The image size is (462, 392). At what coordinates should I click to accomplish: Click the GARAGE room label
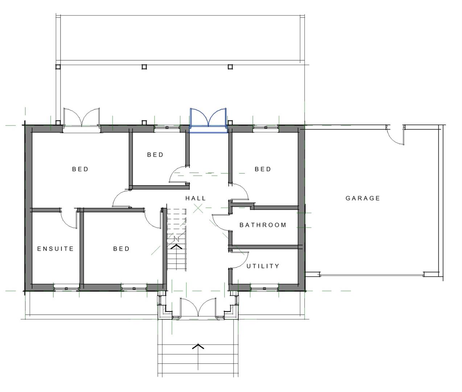(x=363, y=198)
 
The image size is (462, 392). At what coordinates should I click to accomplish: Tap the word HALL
(x=195, y=198)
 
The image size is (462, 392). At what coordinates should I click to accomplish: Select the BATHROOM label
(x=263, y=225)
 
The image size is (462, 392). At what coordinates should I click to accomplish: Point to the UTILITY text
(x=263, y=266)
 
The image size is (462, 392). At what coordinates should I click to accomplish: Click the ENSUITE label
(x=55, y=249)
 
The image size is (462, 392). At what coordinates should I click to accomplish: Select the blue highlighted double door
(x=208, y=121)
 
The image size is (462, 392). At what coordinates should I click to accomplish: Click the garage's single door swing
(x=395, y=135)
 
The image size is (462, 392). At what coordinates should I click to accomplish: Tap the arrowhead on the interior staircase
(x=177, y=246)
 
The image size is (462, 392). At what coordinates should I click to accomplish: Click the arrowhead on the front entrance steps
(x=198, y=346)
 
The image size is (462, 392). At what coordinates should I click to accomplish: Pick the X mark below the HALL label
(x=198, y=208)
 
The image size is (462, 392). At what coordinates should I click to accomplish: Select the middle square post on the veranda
(x=144, y=67)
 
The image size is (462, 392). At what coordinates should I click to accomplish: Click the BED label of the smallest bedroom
(x=155, y=155)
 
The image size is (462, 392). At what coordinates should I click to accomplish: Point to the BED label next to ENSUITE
(x=121, y=249)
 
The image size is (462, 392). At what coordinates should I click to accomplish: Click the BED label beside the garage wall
(x=263, y=169)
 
